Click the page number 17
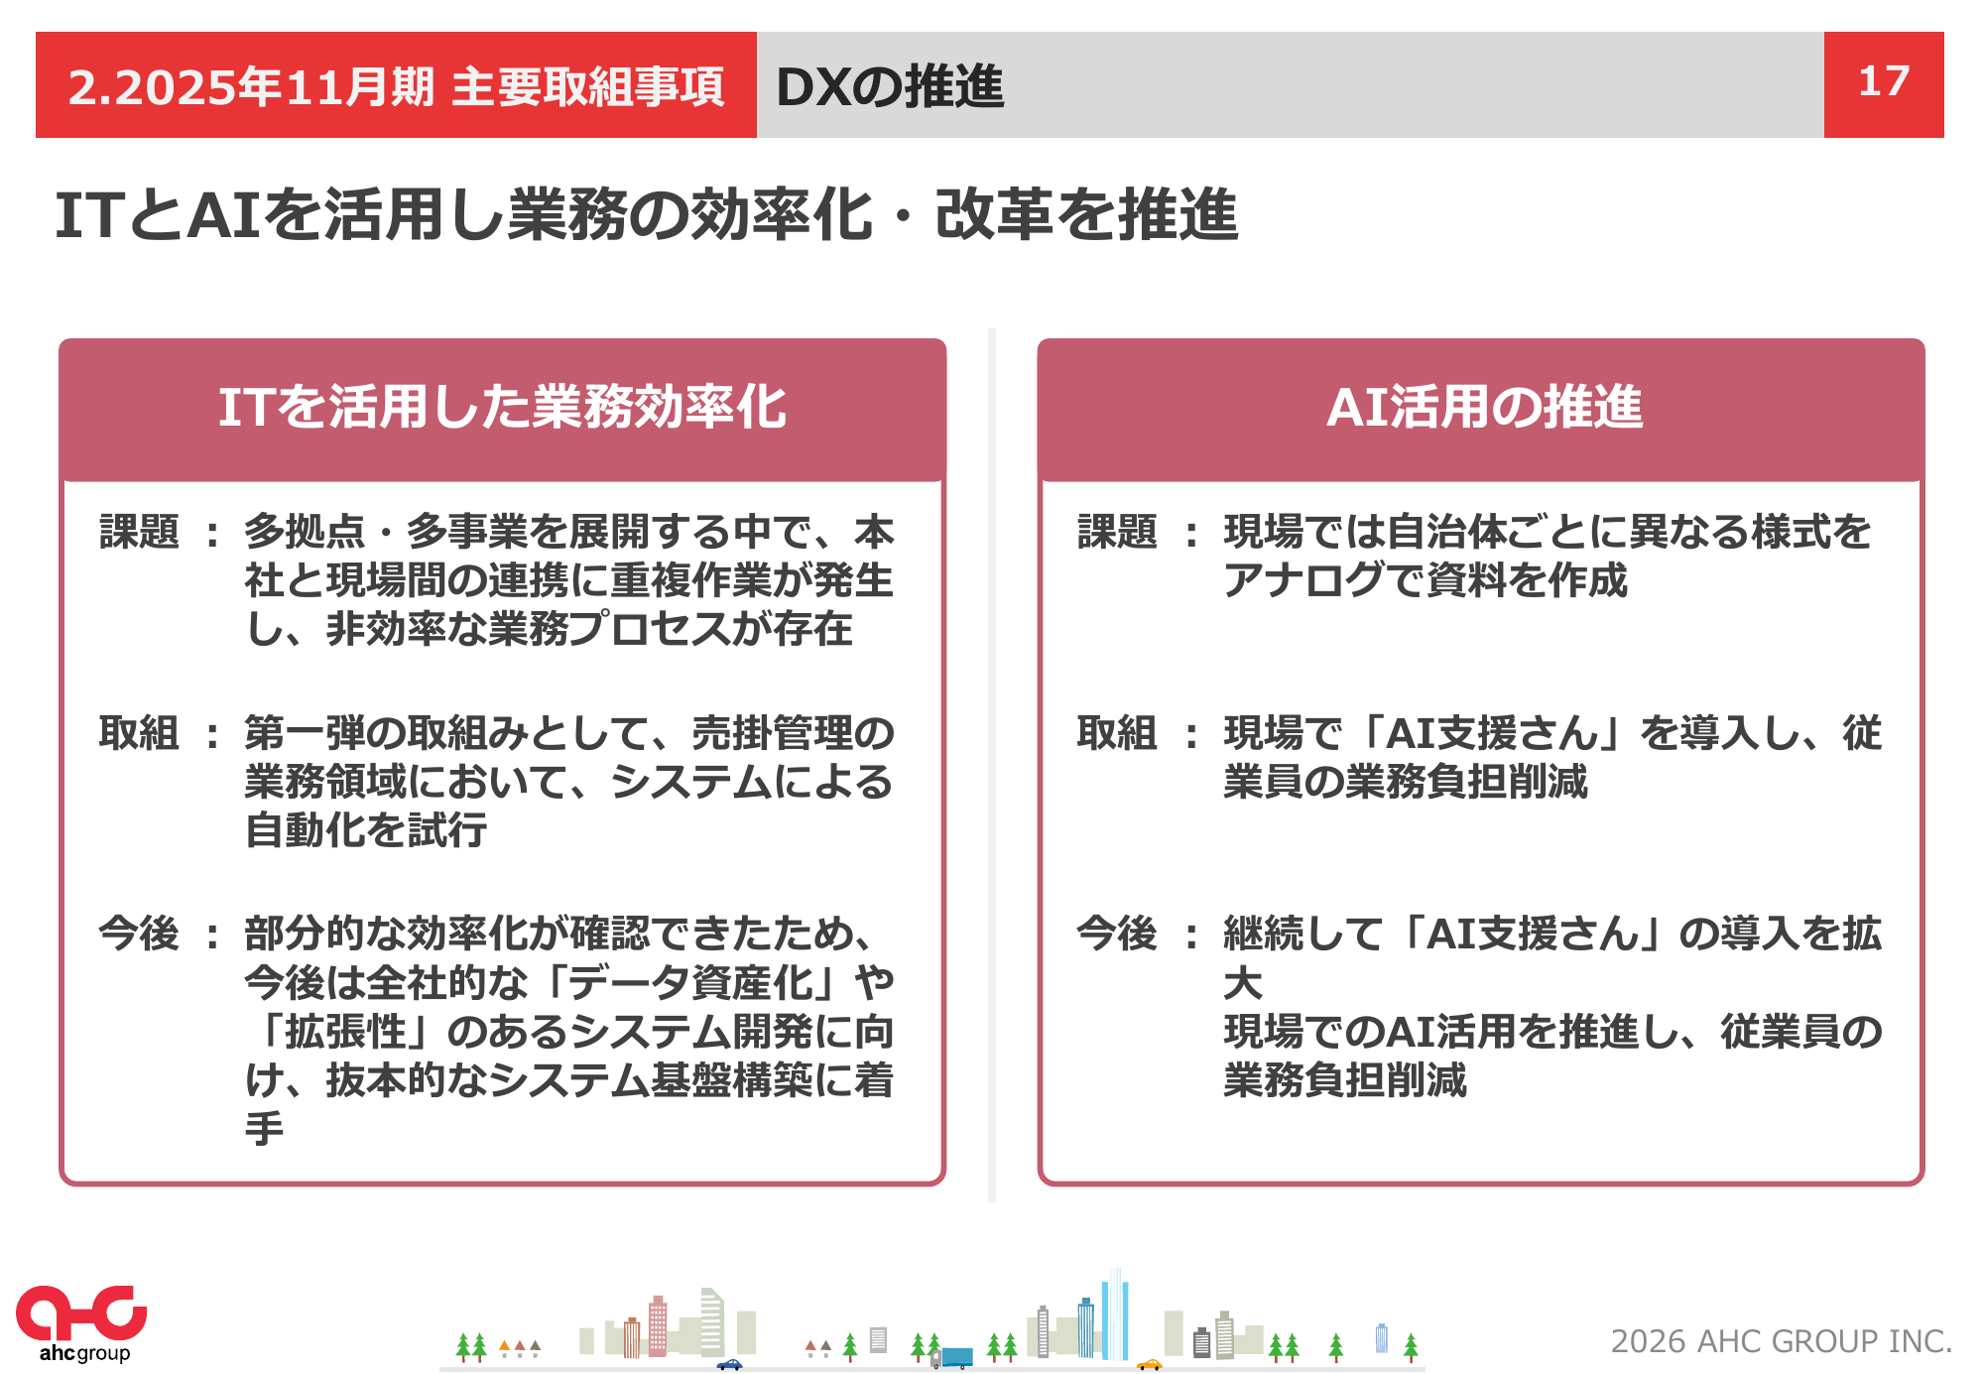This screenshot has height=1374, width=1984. pos(1883,81)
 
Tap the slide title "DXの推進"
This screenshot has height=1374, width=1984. pos(890,86)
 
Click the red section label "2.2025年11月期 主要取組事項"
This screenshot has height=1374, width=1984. pos(396,86)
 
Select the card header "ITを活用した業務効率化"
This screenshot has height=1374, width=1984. pos(502,407)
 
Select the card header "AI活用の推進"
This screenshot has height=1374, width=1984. pos(1484,407)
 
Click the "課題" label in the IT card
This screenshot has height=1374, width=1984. pos(139,532)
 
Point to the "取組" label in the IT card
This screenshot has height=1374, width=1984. pos(139,733)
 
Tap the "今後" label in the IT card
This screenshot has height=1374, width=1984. pos(139,934)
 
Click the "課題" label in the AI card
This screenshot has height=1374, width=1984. pos(1117,532)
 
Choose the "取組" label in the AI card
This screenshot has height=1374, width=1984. pos(1117,733)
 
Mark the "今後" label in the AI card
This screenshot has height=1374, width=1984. pos(1117,934)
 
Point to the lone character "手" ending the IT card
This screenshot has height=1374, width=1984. pos(265,1128)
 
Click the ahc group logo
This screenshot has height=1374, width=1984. pos(81,1323)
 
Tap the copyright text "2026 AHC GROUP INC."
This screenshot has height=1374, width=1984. pos(1781,1341)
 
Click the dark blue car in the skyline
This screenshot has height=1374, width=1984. pos(729,1364)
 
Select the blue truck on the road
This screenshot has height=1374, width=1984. pos(952,1357)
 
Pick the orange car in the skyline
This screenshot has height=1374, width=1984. pos(1149,1364)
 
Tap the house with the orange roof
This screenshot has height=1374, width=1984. pos(504,1348)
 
